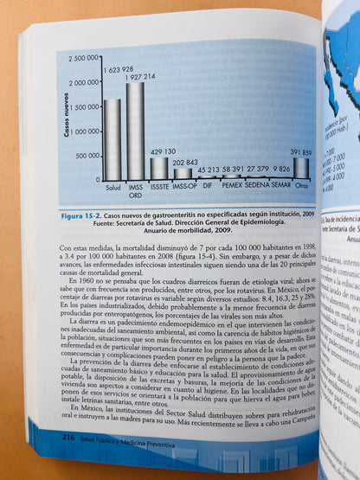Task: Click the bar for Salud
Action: (x=112, y=139)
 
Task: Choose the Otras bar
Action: (x=300, y=170)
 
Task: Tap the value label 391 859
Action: (x=300, y=152)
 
